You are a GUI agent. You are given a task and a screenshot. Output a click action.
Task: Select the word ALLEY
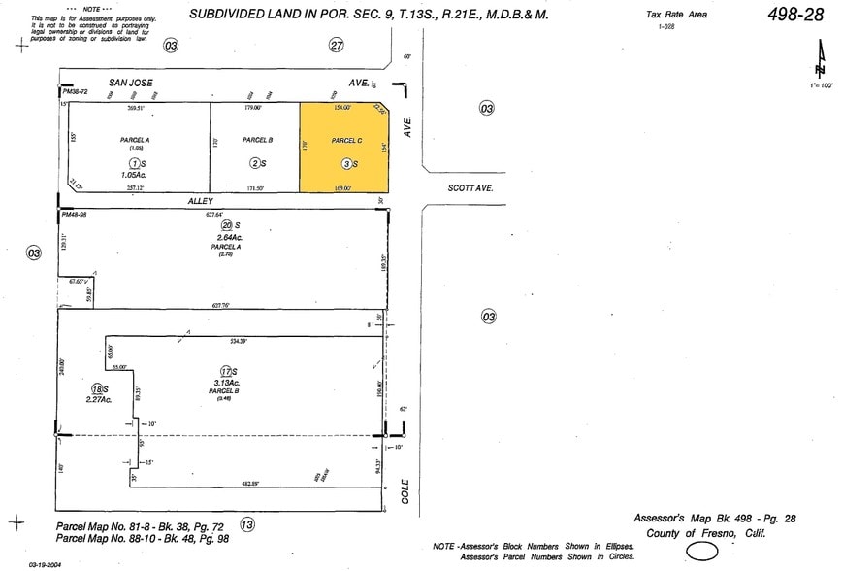click(200, 200)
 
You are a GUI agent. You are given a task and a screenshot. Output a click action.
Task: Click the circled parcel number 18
click(97, 388)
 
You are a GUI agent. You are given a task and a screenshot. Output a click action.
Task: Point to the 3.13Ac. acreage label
click(228, 383)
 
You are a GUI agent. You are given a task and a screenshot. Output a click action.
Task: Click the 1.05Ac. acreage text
click(135, 175)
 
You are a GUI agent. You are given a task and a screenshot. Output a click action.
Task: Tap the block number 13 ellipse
click(247, 524)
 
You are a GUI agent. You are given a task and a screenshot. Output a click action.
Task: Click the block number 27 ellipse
click(337, 45)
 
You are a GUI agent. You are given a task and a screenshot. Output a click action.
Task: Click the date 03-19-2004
click(47, 564)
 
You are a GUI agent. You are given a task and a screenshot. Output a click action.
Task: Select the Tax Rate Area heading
click(676, 14)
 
